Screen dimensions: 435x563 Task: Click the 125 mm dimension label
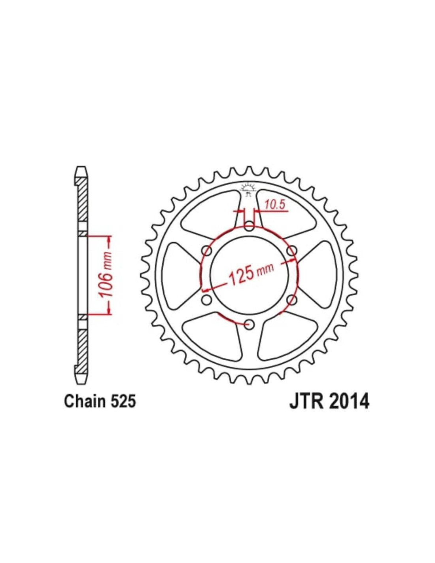tap(251, 275)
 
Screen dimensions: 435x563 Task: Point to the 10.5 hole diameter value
tap(275, 205)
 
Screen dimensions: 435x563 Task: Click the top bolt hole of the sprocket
tap(249, 226)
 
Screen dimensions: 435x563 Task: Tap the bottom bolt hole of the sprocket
tap(249, 324)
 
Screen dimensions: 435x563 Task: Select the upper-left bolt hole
tap(206, 251)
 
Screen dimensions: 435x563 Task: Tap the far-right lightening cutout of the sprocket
tap(320, 275)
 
